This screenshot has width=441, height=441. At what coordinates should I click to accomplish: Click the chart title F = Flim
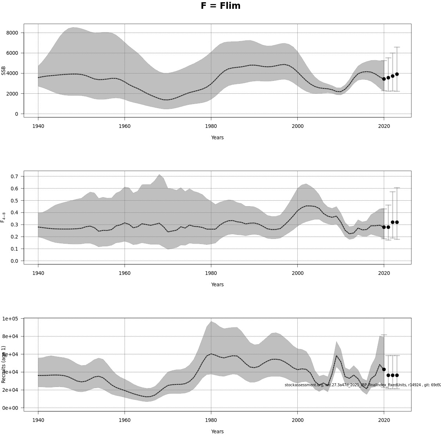pyautogui.click(x=220, y=6)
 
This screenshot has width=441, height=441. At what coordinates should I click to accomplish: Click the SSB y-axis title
pyautogui.click(x=4, y=71)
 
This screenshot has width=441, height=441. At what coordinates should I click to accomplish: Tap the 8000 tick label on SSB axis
pyautogui.click(x=12, y=33)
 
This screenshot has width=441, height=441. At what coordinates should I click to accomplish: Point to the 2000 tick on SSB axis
pyautogui.click(x=12, y=94)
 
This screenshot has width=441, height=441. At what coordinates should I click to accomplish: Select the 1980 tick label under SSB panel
pyautogui.click(x=211, y=126)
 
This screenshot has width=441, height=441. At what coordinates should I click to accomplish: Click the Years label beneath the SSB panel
pyautogui.click(x=217, y=137)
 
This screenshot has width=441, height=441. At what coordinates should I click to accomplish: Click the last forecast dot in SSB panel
pyautogui.click(x=397, y=74)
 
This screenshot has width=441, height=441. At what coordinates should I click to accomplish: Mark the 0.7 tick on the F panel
pyautogui.click(x=14, y=176)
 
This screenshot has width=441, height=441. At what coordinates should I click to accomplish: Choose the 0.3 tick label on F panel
pyautogui.click(x=14, y=225)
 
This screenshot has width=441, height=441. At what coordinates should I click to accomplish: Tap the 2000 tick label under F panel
pyautogui.click(x=297, y=273)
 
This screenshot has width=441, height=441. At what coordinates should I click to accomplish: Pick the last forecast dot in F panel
pyautogui.click(x=397, y=222)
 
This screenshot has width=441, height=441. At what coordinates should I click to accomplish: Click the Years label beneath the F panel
pyautogui.click(x=217, y=284)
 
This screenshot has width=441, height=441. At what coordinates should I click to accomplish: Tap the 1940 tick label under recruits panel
pyautogui.click(x=38, y=420)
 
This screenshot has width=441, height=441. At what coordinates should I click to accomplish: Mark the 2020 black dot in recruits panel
pyautogui.click(x=384, y=369)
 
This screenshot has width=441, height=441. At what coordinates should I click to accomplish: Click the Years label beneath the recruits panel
pyautogui.click(x=217, y=431)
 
